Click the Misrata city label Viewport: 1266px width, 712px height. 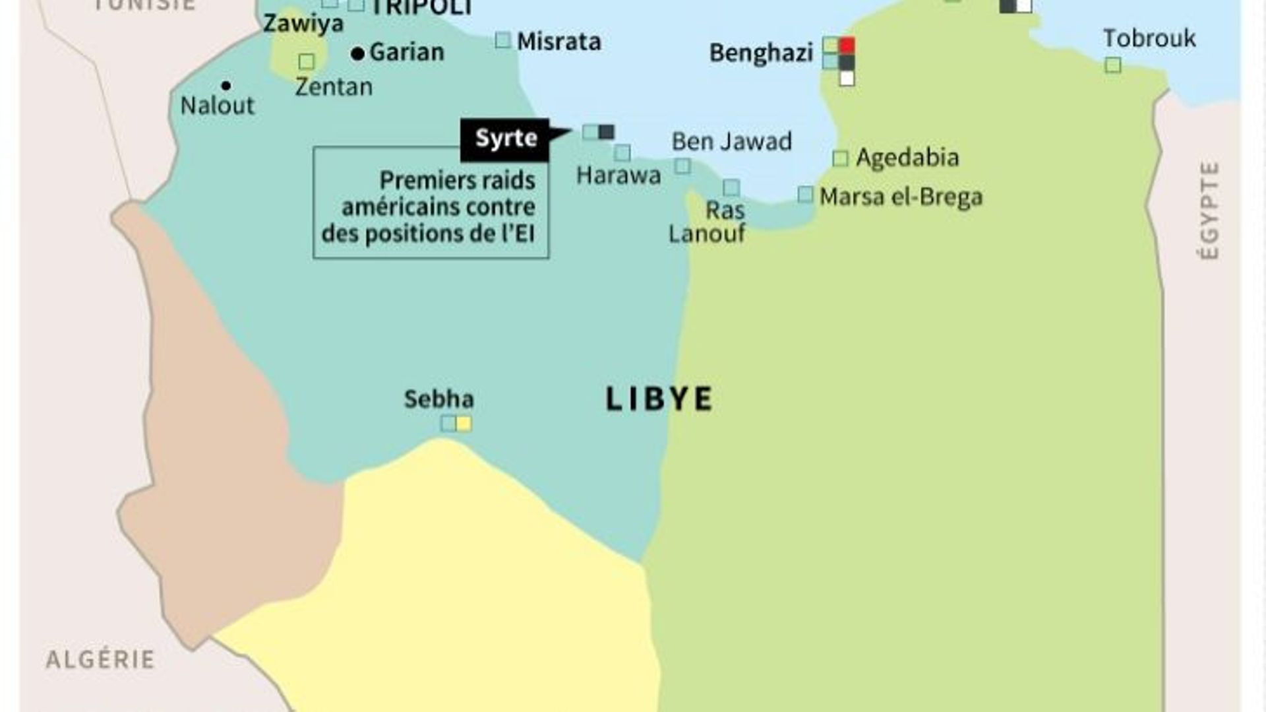558,42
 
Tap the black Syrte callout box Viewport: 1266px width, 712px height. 505,139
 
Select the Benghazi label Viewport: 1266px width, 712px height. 761,53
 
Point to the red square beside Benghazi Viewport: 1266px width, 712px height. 847,46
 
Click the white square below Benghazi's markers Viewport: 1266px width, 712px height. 847,79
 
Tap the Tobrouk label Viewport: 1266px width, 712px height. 1149,38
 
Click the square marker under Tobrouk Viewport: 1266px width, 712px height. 1113,65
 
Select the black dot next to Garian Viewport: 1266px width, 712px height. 358,54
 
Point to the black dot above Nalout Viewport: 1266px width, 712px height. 226,85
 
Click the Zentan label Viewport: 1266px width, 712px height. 334,86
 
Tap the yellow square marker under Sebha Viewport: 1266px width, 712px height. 464,424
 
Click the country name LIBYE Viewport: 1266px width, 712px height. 659,399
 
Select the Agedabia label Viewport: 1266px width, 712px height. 907,158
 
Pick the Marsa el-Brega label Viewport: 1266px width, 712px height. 901,197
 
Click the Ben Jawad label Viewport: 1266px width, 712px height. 731,141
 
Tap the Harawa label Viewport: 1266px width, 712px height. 618,176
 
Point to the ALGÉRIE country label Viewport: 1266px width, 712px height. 100,659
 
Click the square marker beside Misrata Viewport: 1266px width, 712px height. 502,41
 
